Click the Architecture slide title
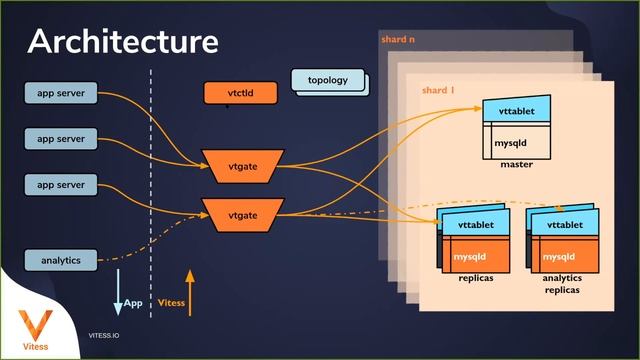122,42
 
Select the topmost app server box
61,94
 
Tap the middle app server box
61,138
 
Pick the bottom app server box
61,185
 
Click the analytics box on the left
61,260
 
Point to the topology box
327,80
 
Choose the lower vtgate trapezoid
243,213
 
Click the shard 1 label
438,91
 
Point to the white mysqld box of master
516,143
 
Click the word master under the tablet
516,164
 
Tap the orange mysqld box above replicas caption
475,257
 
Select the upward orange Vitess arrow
190,291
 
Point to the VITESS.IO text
105,337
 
